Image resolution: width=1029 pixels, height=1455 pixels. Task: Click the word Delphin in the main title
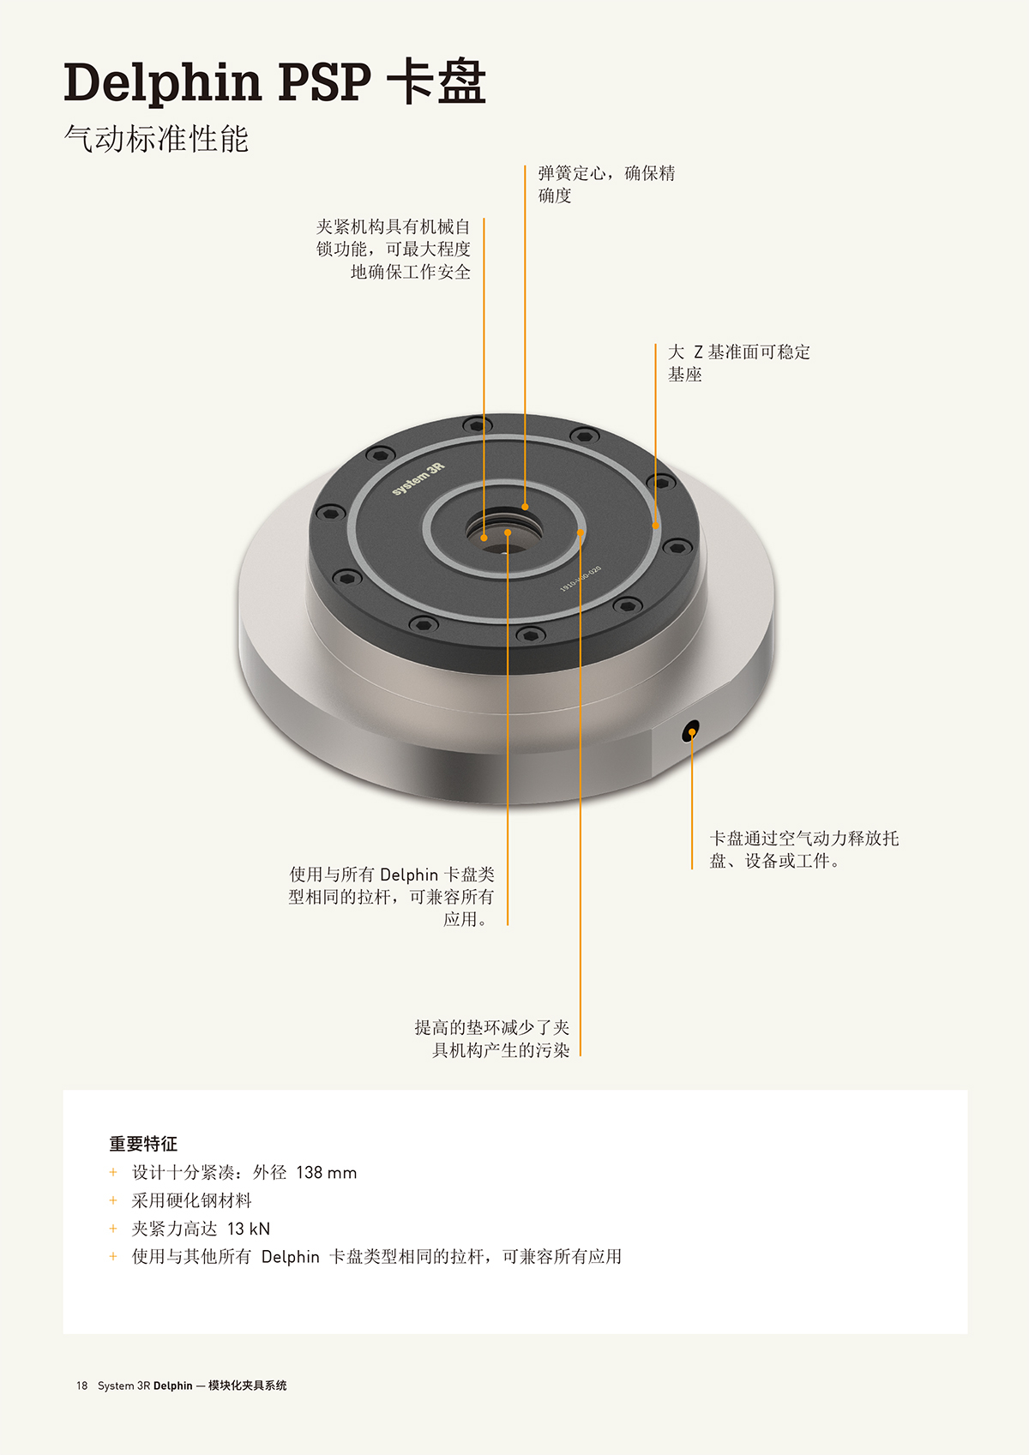(x=162, y=84)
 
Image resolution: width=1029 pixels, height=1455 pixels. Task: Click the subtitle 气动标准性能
(x=157, y=138)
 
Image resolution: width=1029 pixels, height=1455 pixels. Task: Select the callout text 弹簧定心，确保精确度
(x=606, y=183)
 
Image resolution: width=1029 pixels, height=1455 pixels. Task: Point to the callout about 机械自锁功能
(x=393, y=249)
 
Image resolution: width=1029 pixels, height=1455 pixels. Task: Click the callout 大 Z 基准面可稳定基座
(x=739, y=363)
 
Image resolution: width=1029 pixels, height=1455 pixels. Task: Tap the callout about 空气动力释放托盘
(x=804, y=849)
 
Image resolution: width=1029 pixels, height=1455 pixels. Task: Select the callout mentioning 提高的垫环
(x=492, y=1038)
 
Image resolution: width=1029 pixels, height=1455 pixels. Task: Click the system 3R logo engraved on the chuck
(x=418, y=479)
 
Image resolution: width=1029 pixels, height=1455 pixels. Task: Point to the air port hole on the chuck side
(x=690, y=731)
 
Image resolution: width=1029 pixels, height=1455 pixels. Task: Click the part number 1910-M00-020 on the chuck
(x=581, y=578)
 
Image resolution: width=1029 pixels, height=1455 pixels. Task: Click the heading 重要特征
(x=143, y=1144)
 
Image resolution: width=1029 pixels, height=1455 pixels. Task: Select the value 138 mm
(x=326, y=1172)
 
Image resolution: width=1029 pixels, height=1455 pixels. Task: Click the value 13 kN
(x=248, y=1229)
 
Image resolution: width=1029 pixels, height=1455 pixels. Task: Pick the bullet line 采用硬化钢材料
(x=191, y=1200)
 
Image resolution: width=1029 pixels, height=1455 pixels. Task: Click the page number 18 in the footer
(x=81, y=1386)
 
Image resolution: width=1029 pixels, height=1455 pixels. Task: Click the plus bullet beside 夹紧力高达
(x=113, y=1229)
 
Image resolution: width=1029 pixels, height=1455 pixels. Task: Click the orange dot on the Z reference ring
(x=655, y=526)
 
